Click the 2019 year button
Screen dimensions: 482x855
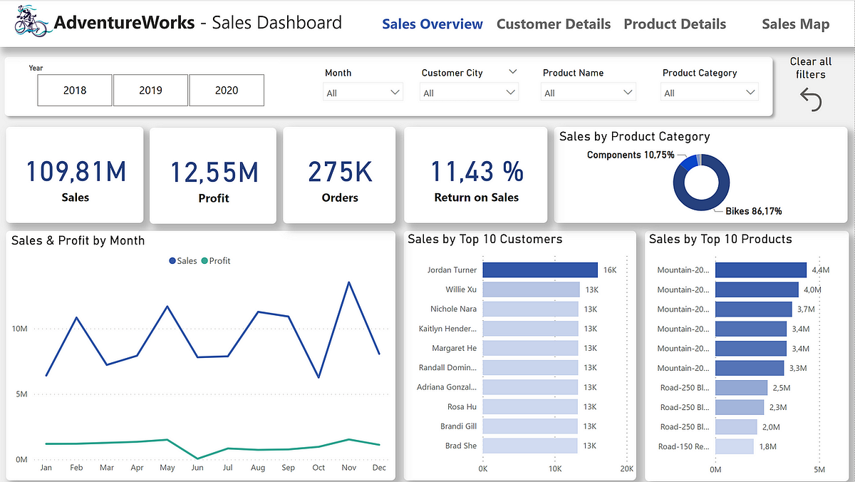[x=150, y=91]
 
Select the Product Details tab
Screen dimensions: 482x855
[x=675, y=24]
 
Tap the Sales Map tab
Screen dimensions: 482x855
[x=795, y=24]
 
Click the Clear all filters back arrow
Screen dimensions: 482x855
[x=811, y=101]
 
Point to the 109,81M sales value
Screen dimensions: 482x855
[x=76, y=172]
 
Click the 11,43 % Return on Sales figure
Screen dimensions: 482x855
[x=477, y=172]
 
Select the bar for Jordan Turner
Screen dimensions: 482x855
[x=539, y=270]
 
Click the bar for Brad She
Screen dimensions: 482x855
[x=529, y=446]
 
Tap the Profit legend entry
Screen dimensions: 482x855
[x=215, y=261]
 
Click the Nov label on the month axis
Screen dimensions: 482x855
[x=348, y=468]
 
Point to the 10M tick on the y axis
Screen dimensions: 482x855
[x=19, y=329]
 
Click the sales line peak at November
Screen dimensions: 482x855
[x=348, y=282]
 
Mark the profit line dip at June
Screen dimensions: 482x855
[x=197, y=458]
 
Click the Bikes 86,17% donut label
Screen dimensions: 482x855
[x=753, y=211]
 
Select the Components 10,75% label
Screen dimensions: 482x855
[x=631, y=155]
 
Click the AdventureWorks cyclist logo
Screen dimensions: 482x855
[x=33, y=23]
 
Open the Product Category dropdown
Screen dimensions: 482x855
[x=710, y=93]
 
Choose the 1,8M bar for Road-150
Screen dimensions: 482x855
[x=734, y=446]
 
